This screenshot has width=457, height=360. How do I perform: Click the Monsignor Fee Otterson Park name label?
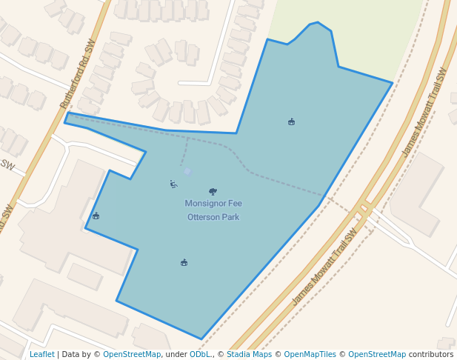point(213,210)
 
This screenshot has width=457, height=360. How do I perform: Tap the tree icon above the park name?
point(213,191)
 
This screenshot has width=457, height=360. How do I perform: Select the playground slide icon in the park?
point(173,184)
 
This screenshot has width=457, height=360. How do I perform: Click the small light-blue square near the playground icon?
point(187,171)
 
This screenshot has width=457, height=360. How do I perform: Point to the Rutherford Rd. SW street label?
point(78,75)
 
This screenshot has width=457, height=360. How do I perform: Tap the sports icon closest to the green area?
point(291,121)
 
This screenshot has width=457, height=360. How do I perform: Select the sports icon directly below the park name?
point(184,262)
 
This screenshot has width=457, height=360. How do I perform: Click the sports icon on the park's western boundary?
point(96,216)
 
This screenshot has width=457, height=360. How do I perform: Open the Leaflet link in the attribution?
point(41,354)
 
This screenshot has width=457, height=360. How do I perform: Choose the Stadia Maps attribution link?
point(249,354)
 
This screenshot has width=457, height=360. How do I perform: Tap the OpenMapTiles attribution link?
point(306,354)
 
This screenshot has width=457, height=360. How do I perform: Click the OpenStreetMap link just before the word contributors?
point(376,354)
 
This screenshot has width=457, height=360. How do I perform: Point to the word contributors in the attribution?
point(430,354)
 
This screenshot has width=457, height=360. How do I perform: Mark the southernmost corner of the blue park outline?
point(201,339)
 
